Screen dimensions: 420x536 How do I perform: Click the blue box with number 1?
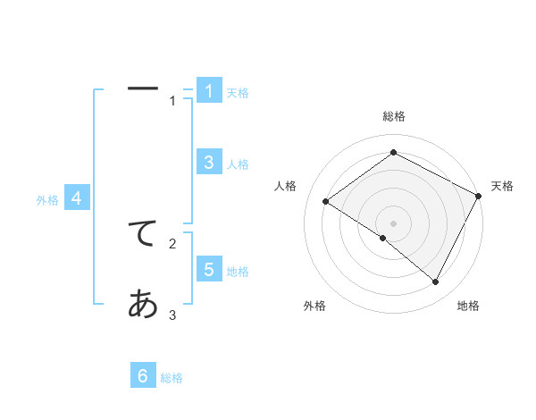click(x=209, y=90)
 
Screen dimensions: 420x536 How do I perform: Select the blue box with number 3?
click(x=209, y=162)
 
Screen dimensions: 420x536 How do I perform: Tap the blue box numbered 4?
click(x=77, y=197)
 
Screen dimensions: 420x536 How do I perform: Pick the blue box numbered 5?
click(x=209, y=269)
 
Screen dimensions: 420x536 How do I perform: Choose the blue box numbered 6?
click(x=144, y=376)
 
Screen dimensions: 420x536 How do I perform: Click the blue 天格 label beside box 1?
click(x=238, y=93)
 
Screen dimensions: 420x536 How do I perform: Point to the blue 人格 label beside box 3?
click(x=238, y=164)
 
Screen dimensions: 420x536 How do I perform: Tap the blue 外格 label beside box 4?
click(x=47, y=200)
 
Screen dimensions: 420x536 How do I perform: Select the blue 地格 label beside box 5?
click(x=238, y=272)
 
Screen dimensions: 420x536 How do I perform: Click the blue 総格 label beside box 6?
click(x=172, y=379)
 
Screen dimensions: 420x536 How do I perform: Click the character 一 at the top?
click(x=143, y=89)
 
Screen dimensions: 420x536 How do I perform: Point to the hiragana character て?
click(x=143, y=234)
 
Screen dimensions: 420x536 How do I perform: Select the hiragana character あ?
click(x=143, y=305)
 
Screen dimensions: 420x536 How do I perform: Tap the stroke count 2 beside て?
click(x=172, y=243)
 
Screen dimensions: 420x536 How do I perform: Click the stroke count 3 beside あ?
click(x=172, y=315)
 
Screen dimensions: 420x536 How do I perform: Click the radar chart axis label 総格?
click(x=393, y=116)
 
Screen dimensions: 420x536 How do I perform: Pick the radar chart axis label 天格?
click(x=502, y=186)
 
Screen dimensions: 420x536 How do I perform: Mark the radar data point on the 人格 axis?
click(x=325, y=201)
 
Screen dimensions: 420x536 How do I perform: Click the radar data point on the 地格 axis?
click(x=435, y=281)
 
